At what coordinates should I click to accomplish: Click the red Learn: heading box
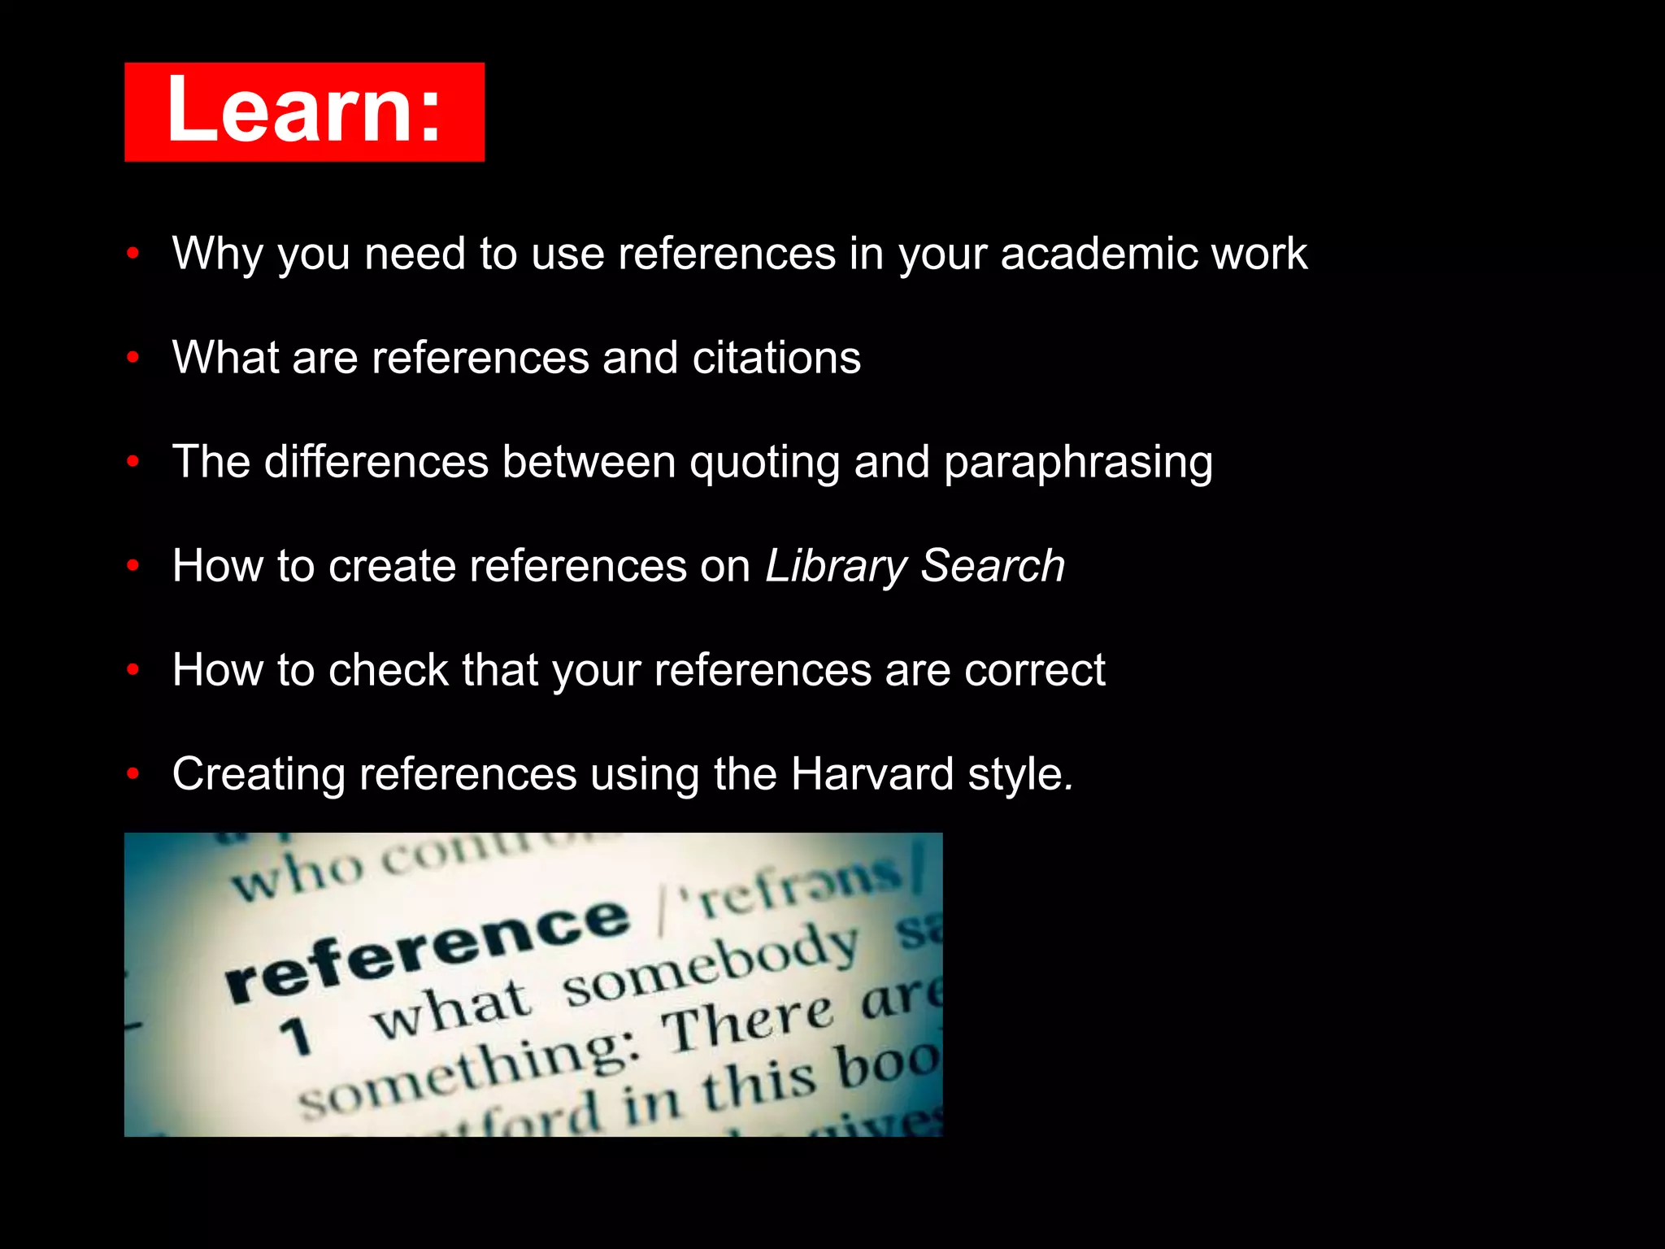[x=304, y=111]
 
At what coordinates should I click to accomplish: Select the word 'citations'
[x=776, y=358]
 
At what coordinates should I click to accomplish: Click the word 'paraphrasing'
[x=1078, y=463]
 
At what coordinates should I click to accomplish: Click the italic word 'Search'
[x=993, y=566]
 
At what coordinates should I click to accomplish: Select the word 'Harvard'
[x=872, y=774]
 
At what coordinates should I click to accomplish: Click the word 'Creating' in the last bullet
[x=259, y=774]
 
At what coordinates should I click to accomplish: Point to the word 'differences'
[x=376, y=462]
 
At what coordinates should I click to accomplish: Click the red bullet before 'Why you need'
[x=133, y=254]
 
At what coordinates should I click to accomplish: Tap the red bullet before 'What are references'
[x=133, y=358]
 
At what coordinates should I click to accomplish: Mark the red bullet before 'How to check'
[x=133, y=670]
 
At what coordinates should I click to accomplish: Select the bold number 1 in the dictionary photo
[x=296, y=1037]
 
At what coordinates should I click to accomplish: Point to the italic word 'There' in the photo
[x=748, y=1025]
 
